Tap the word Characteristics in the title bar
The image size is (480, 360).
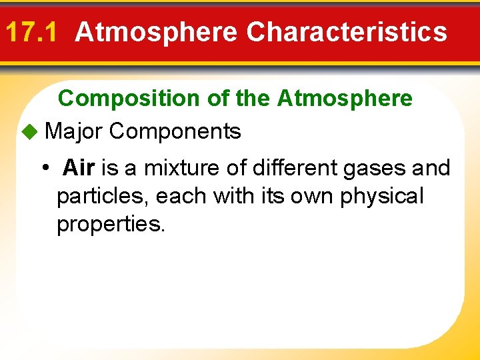coord(347,31)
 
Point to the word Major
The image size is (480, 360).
coord(73,131)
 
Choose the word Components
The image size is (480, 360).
coord(175,131)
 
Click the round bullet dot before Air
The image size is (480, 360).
coord(45,168)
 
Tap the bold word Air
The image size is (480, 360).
coord(79,168)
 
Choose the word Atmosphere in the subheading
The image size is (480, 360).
coord(345,99)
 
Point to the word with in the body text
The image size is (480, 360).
coord(230,197)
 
